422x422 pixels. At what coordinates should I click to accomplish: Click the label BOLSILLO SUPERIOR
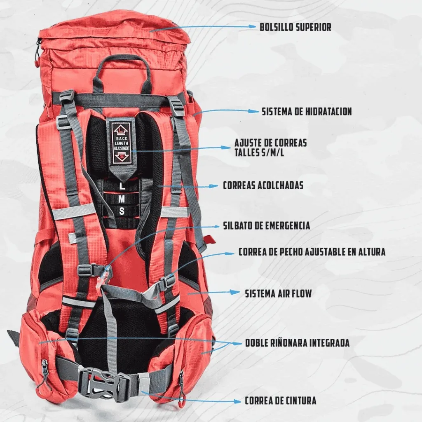[295, 27]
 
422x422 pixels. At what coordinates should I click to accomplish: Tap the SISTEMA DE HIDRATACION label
[307, 111]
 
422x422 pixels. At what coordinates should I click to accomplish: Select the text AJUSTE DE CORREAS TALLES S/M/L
[270, 148]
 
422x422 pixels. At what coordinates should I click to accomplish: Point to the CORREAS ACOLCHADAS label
[263, 185]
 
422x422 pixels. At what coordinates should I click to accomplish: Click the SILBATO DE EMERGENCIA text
[267, 225]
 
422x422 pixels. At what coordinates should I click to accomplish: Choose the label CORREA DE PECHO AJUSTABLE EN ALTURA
[312, 252]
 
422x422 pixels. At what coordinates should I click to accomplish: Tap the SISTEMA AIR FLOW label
[278, 293]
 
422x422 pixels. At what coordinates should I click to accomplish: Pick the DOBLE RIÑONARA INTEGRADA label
[298, 343]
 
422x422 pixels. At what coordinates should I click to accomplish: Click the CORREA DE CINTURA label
[280, 401]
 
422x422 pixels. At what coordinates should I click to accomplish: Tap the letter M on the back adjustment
[122, 199]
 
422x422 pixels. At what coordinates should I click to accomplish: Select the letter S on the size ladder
[122, 211]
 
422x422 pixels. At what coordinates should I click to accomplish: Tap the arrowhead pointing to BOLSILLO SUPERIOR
[252, 26]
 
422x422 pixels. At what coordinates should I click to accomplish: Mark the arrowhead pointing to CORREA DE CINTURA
[237, 401]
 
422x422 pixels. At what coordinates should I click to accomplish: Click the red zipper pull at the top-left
[37, 60]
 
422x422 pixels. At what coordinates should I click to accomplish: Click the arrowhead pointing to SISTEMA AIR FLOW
[235, 292]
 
